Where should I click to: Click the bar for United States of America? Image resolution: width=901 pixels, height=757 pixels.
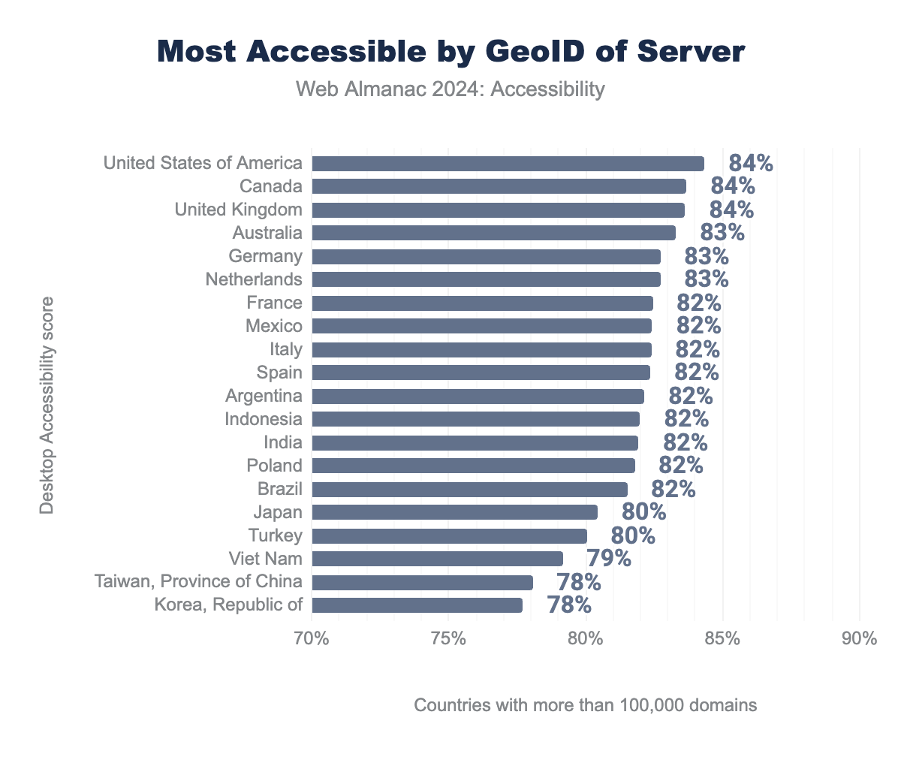point(508,164)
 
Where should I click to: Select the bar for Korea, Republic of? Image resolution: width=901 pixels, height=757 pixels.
point(417,605)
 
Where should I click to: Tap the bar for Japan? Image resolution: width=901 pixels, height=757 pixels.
point(454,512)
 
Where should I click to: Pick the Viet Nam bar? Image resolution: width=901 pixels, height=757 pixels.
point(437,559)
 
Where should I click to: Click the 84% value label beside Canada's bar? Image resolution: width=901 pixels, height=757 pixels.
point(732,186)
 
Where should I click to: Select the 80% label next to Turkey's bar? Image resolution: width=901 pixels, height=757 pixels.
point(632,535)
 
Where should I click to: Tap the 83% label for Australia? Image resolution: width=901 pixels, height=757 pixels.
point(722,233)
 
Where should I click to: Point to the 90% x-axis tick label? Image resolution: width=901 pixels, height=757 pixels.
point(859,639)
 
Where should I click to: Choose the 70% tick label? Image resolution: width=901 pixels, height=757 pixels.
point(312,639)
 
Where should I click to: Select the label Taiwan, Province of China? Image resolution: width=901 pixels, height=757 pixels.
point(198,582)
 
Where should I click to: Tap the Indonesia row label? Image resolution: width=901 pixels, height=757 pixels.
point(264,419)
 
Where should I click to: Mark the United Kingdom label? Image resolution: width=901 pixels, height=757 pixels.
point(238,210)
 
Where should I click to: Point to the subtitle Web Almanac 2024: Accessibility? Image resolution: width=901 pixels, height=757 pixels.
point(450,89)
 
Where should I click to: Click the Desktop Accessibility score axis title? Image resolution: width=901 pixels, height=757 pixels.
point(47,406)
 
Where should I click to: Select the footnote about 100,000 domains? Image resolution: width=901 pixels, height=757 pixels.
point(585,706)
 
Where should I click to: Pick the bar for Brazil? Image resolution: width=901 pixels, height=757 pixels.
point(469,490)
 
